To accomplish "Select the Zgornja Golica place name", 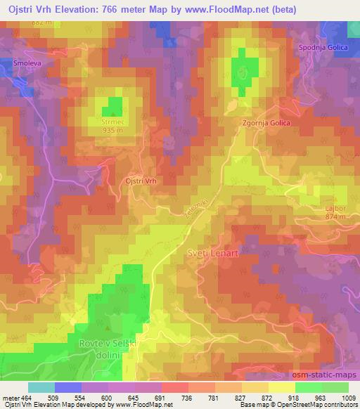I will (x=267, y=122).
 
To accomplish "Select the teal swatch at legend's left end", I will (x=40, y=387).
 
